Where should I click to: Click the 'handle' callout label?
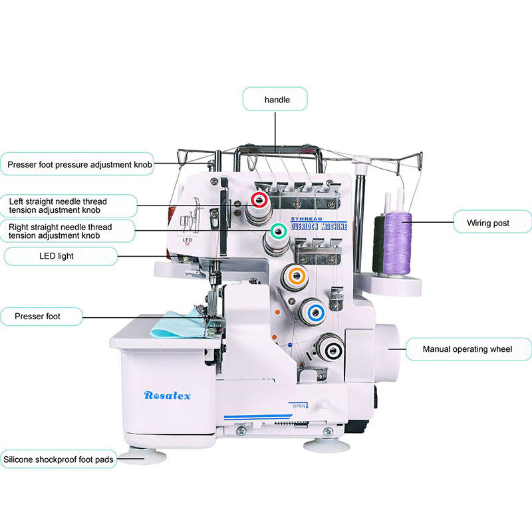pos(276,100)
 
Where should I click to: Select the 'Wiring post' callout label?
pos(493,223)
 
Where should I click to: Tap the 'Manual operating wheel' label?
pos(467,348)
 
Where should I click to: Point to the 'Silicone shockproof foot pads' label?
pos(59,459)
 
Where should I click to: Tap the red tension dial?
pos(259,200)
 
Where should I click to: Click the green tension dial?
pos(278,231)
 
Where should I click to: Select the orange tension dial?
pos(295,276)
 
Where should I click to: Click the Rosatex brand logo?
pos(168,396)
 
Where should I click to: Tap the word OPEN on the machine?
pos(300,404)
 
